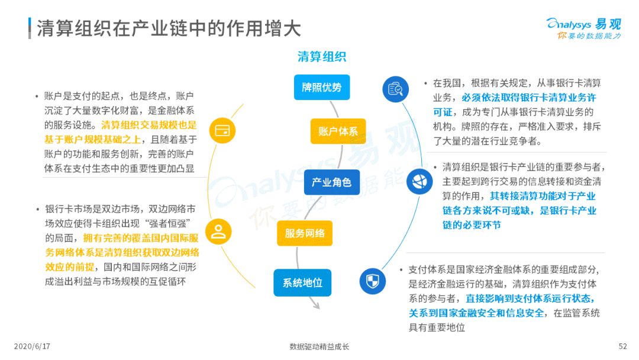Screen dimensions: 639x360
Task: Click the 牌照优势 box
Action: click(321, 87)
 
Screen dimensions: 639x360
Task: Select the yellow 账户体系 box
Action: click(338, 131)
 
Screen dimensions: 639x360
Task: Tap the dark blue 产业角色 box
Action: click(332, 182)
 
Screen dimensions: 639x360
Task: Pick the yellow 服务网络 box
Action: click(305, 233)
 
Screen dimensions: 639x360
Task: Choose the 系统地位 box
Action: click(302, 282)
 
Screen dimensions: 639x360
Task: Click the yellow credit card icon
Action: click(222, 130)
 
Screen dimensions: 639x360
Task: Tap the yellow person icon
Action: click(218, 232)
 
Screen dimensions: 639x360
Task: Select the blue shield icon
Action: click(373, 281)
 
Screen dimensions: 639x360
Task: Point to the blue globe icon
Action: click(419, 181)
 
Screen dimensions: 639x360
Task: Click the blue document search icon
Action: click(395, 89)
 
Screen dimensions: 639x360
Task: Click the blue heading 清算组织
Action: click(321, 57)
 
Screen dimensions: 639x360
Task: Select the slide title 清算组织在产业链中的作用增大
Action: click(169, 28)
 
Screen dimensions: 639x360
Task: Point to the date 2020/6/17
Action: click(32, 346)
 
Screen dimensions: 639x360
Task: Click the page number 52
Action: click(622, 346)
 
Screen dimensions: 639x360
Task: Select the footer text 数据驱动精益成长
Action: click(319, 346)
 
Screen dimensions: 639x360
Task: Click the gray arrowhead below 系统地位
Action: click(315, 304)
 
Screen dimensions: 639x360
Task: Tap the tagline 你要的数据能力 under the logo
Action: click(589, 36)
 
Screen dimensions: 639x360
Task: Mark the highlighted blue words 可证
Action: click(443, 112)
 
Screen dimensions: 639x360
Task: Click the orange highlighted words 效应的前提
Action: click(70, 267)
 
